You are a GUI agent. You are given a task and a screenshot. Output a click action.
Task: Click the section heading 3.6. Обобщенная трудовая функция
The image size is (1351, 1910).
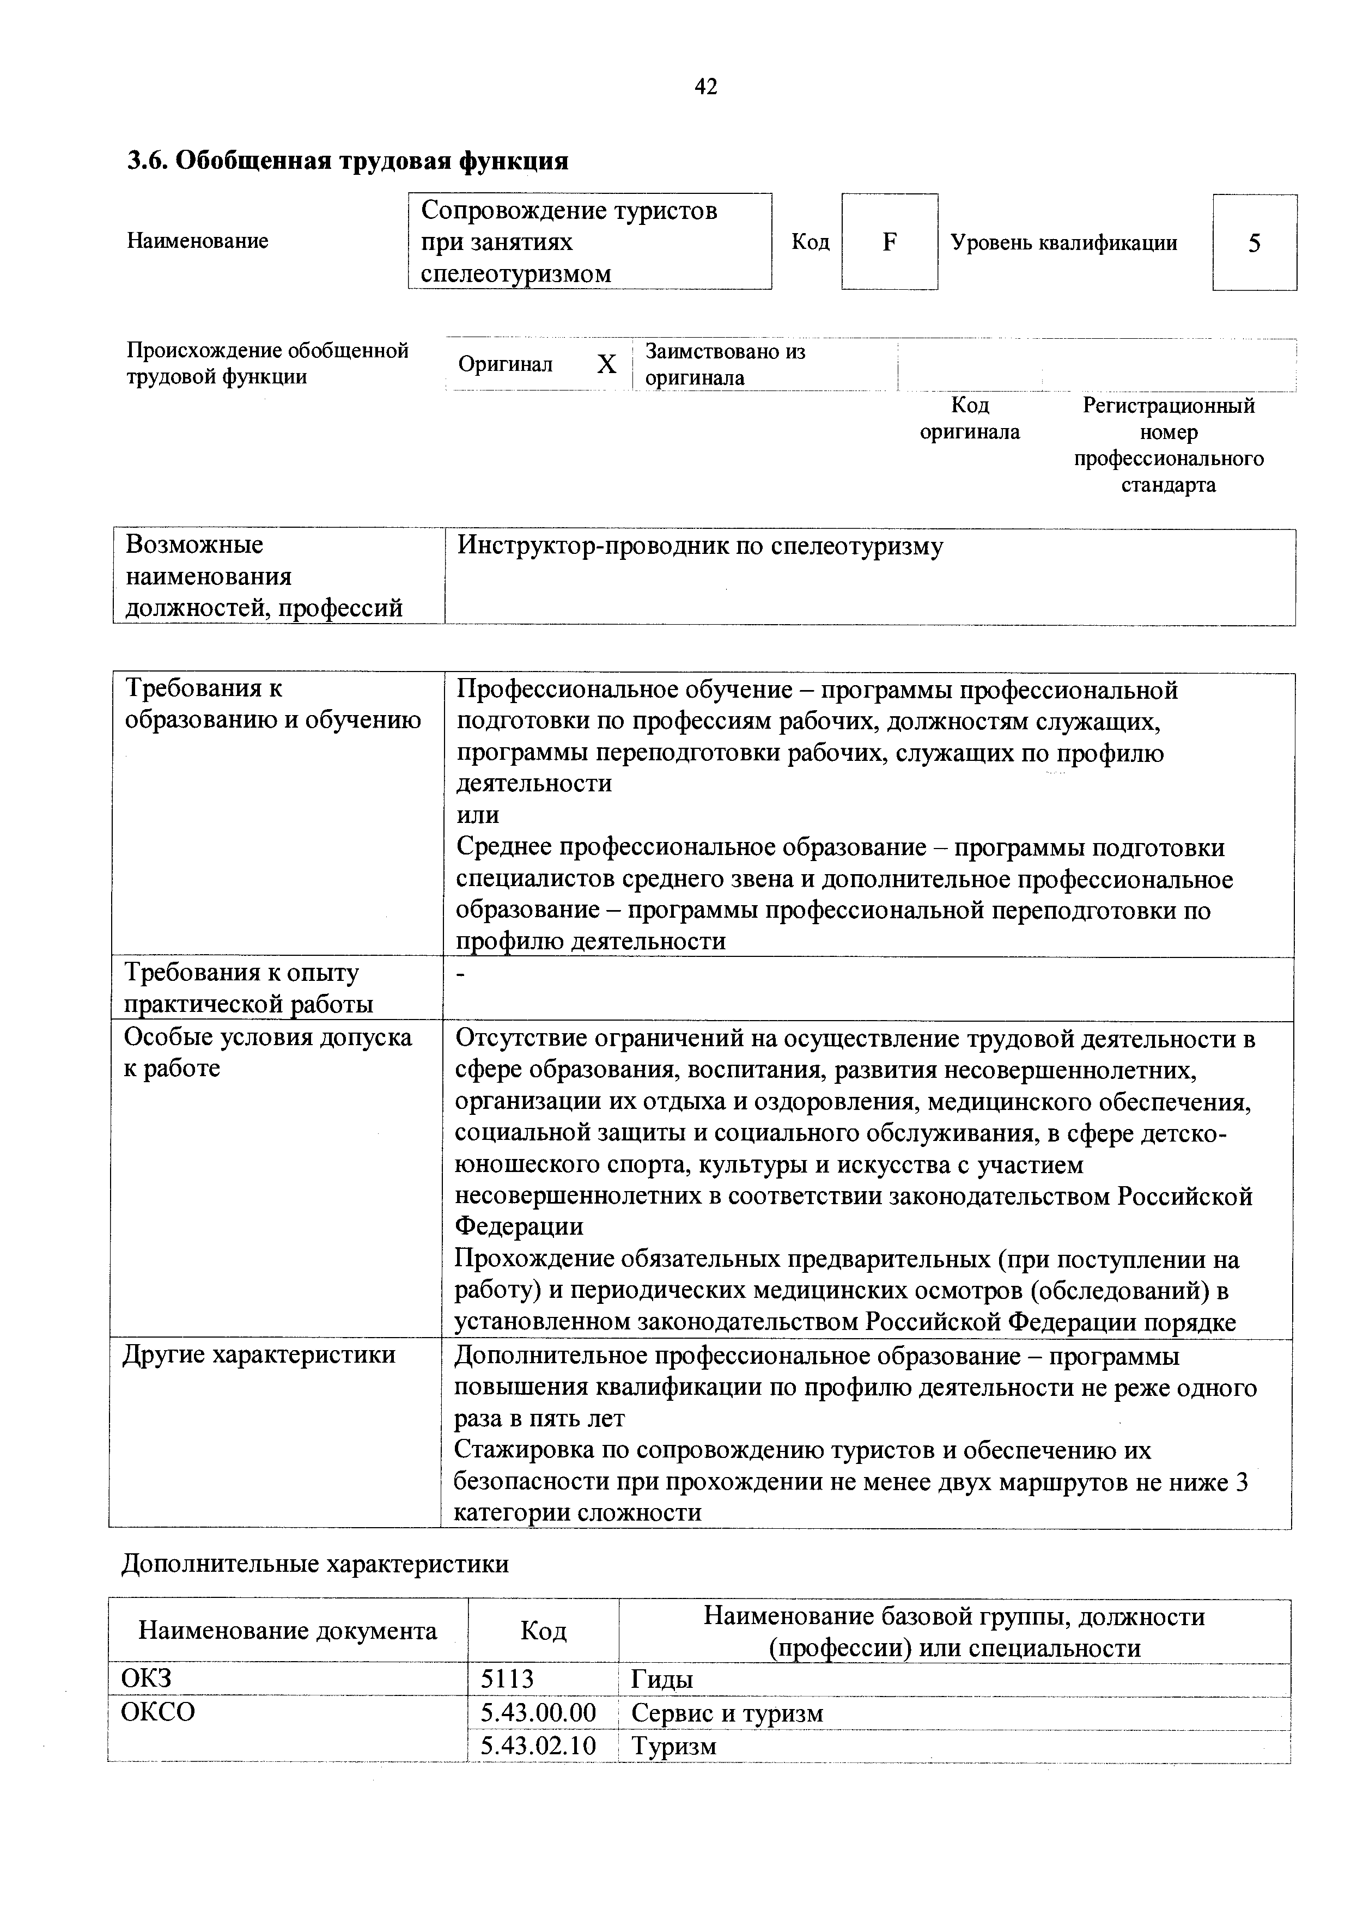347,161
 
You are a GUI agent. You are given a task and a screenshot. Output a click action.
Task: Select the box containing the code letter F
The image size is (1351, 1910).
889,242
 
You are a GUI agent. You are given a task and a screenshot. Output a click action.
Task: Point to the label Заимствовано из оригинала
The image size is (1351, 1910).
726,364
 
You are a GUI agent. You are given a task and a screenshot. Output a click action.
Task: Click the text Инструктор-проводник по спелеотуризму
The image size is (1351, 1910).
701,547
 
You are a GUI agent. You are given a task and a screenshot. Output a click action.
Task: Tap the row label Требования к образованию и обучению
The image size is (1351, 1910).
272,704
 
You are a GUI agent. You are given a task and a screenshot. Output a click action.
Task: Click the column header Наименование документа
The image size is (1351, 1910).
287,1631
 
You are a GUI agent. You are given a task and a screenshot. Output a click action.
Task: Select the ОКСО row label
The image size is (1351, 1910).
158,1712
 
